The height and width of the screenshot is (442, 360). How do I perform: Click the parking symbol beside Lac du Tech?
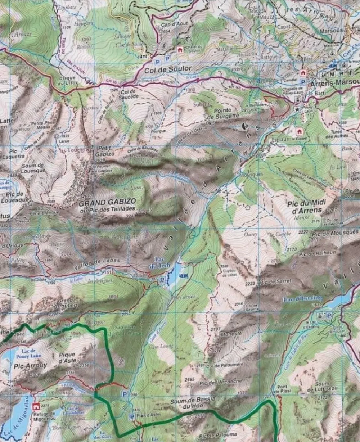click(x=162, y=279)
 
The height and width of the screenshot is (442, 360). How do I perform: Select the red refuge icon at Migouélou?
click(x=36, y=407)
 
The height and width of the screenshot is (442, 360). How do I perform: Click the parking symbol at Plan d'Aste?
click(x=132, y=417)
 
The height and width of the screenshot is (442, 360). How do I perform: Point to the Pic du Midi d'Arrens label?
click(x=307, y=207)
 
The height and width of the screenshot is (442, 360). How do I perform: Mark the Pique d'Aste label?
click(x=67, y=357)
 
